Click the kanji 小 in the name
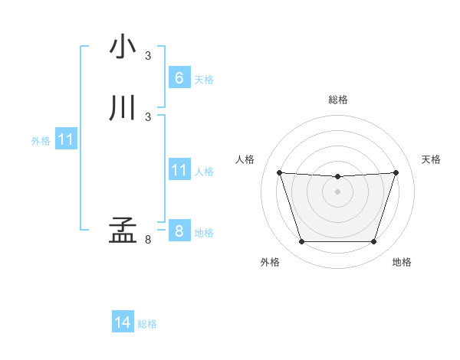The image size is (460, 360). point(123,47)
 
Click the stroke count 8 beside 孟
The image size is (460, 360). point(148,241)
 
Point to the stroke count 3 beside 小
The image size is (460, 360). point(148,56)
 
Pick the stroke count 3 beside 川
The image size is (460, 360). point(148,116)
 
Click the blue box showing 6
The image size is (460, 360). point(179,78)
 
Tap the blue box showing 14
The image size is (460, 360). point(123,323)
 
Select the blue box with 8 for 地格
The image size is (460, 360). point(179,231)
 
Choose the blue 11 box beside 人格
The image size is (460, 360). point(179,171)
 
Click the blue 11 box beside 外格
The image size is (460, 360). point(65,140)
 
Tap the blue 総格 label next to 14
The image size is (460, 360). point(147,324)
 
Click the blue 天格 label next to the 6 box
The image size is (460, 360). point(204,79)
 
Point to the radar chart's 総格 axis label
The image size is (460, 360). point(338,100)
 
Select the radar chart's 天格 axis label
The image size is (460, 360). point(432,159)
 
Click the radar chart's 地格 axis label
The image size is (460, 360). point(402,263)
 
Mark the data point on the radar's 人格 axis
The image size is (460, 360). point(279,172)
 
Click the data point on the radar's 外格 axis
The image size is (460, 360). point(301,242)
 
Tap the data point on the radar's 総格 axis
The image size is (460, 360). point(337,177)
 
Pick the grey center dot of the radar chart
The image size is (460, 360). point(337,191)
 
